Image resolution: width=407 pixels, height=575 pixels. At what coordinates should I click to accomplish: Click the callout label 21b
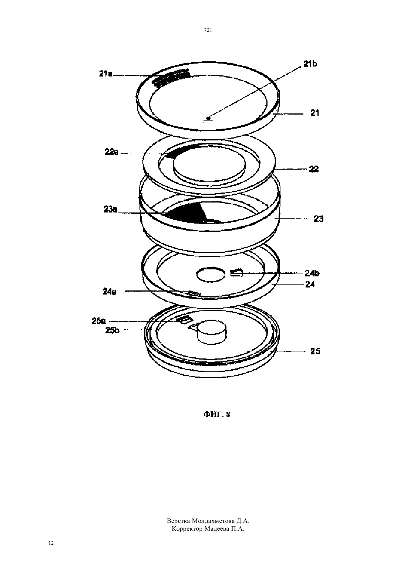[310, 64]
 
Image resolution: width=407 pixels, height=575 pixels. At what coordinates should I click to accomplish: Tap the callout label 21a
[106, 74]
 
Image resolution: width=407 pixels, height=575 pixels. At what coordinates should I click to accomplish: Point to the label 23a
[111, 210]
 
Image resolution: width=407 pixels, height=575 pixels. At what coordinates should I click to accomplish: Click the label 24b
[312, 273]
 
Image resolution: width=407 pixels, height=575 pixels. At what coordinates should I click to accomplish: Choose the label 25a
[99, 321]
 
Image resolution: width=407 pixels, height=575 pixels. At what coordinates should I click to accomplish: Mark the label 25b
[112, 330]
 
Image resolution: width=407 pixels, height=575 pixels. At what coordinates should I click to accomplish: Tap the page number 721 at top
[208, 30]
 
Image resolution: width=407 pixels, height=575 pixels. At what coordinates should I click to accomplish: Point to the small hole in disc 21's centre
[208, 118]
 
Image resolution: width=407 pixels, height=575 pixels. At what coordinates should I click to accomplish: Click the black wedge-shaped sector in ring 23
[188, 212]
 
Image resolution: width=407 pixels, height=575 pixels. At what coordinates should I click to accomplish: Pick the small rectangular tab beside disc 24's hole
[237, 273]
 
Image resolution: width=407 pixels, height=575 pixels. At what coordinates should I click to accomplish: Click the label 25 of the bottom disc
[315, 351]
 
